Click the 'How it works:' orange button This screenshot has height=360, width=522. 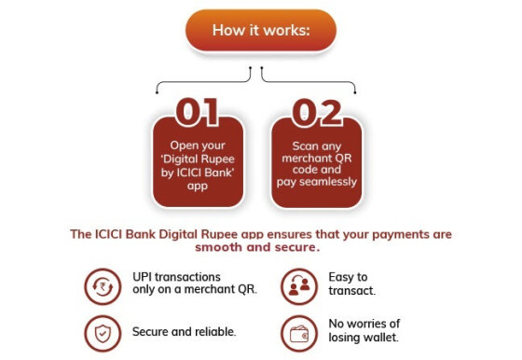click(261, 30)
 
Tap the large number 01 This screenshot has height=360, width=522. click(197, 112)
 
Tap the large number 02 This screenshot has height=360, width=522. click(317, 113)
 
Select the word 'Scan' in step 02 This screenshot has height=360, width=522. click(304, 145)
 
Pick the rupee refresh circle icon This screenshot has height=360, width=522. click(103, 286)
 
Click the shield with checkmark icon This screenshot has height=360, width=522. click(103, 333)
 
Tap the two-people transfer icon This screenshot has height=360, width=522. click(299, 286)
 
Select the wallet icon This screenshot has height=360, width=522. click(299, 333)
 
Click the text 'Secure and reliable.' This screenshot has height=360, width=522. click(185, 332)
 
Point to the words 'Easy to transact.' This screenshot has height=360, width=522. click(352, 284)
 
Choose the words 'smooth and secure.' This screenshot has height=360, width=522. click(257, 247)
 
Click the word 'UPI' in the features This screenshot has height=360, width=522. click(142, 277)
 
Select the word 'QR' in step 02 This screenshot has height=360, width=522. click(344, 158)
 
